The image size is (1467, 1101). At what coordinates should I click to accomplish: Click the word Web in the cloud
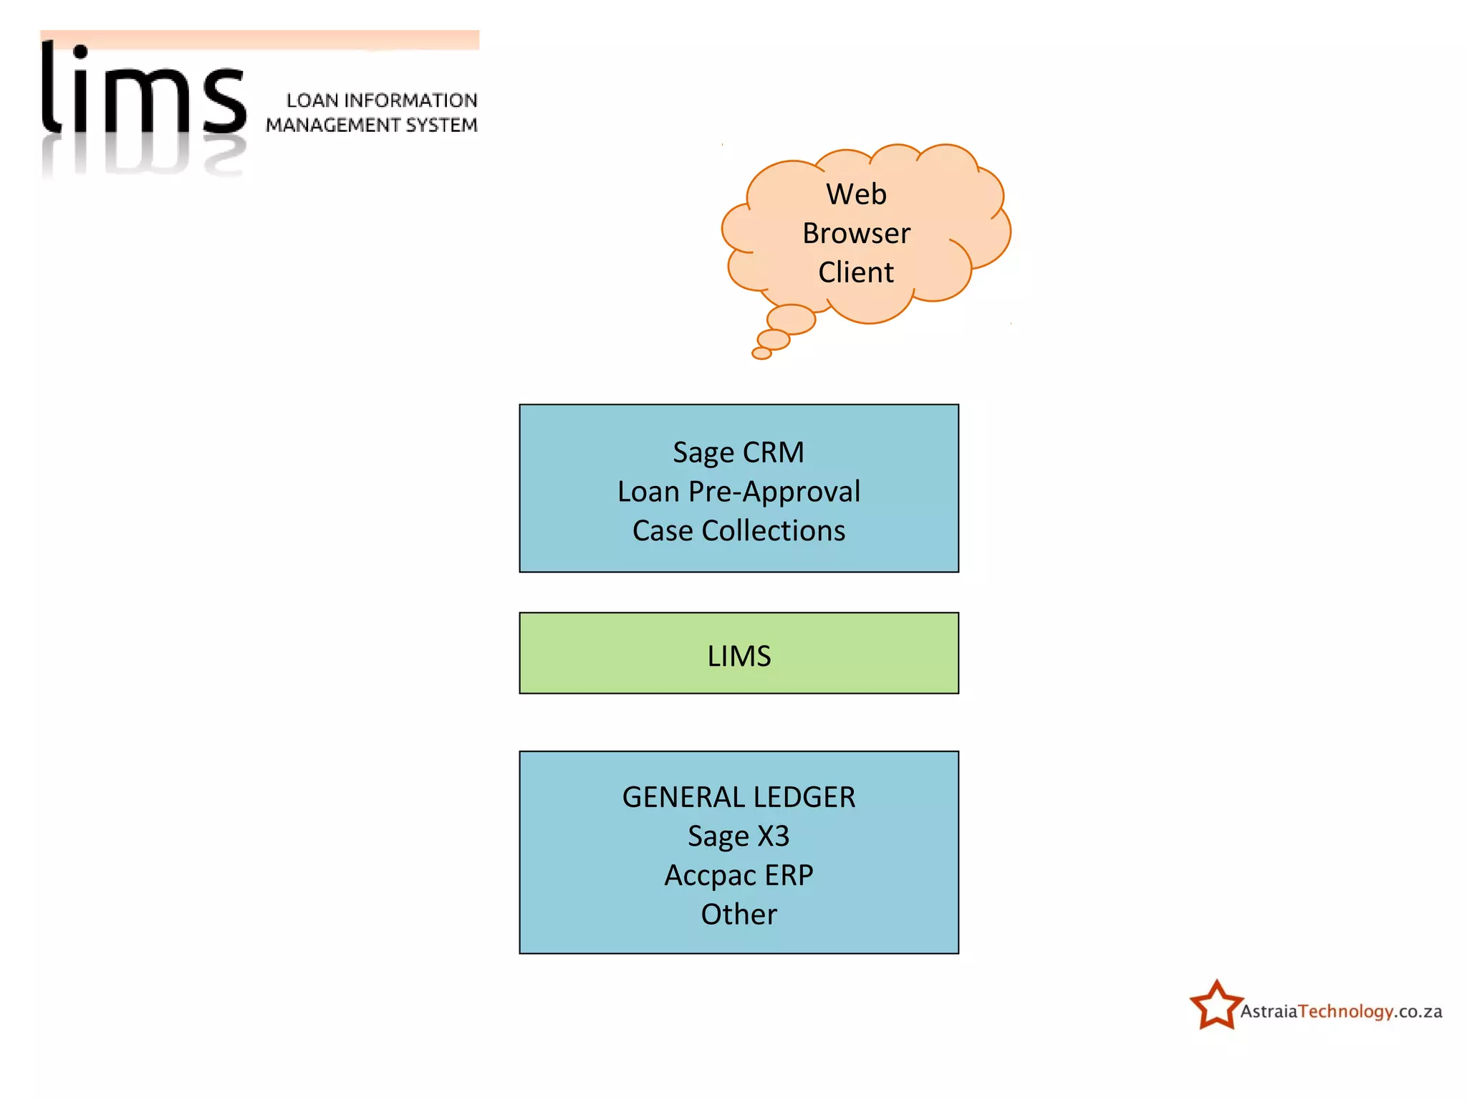(x=856, y=194)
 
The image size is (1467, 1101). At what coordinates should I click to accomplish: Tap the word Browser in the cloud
(x=856, y=234)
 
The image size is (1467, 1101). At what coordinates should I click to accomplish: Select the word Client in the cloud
(x=856, y=272)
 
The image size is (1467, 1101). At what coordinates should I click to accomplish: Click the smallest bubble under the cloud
(x=761, y=353)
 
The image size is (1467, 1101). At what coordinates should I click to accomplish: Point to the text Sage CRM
(x=739, y=452)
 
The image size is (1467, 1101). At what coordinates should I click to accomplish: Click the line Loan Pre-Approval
(x=739, y=492)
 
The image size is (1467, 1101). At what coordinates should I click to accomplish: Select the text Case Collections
(x=739, y=531)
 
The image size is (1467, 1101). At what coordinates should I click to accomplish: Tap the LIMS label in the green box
(x=739, y=656)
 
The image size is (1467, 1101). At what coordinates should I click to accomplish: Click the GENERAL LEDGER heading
(x=739, y=797)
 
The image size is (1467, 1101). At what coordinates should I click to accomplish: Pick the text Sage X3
(x=739, y=837)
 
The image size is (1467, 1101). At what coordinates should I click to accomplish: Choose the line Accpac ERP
(x=739, y=875)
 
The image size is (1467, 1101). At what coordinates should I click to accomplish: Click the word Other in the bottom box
(x=739, y=915)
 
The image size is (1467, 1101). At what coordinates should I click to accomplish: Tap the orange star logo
(x=1216, y=1006)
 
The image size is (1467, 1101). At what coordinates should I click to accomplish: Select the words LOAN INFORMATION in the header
(x=382, y=100)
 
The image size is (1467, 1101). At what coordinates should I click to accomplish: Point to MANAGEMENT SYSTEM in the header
(x=371, y=125)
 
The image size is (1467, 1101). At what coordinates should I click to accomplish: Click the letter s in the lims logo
(x=224, y=100)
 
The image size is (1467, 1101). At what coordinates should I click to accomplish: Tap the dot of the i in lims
(x=81, y=52)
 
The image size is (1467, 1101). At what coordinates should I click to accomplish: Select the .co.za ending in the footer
(x=1419, y=1011)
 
